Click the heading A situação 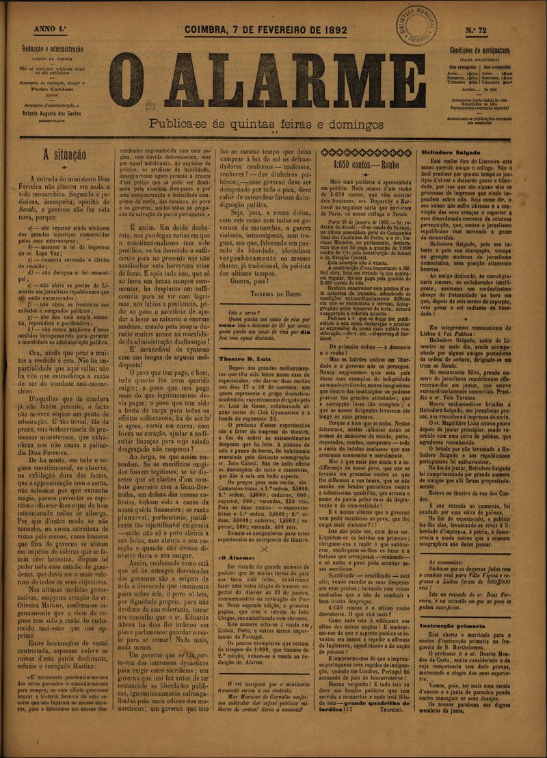point(61,155)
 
